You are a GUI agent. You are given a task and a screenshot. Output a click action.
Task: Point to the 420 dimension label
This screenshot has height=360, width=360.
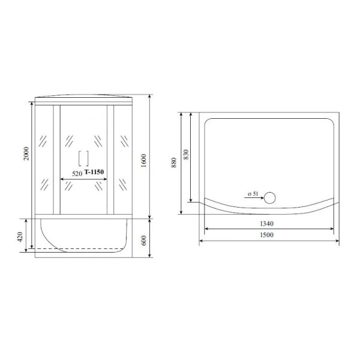coord(22,238)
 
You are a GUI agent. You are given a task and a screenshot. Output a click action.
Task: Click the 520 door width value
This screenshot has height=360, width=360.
coord(77,173)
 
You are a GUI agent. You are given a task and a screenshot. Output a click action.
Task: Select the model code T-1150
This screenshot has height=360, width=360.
coord(95,172)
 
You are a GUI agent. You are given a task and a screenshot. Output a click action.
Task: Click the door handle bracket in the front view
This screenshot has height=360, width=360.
coord(83,158)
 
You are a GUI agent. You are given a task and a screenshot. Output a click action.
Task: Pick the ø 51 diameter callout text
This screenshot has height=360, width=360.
coord(253,194)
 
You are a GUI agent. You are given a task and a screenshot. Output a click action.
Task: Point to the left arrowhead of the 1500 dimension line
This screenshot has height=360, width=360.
coord(202,241)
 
